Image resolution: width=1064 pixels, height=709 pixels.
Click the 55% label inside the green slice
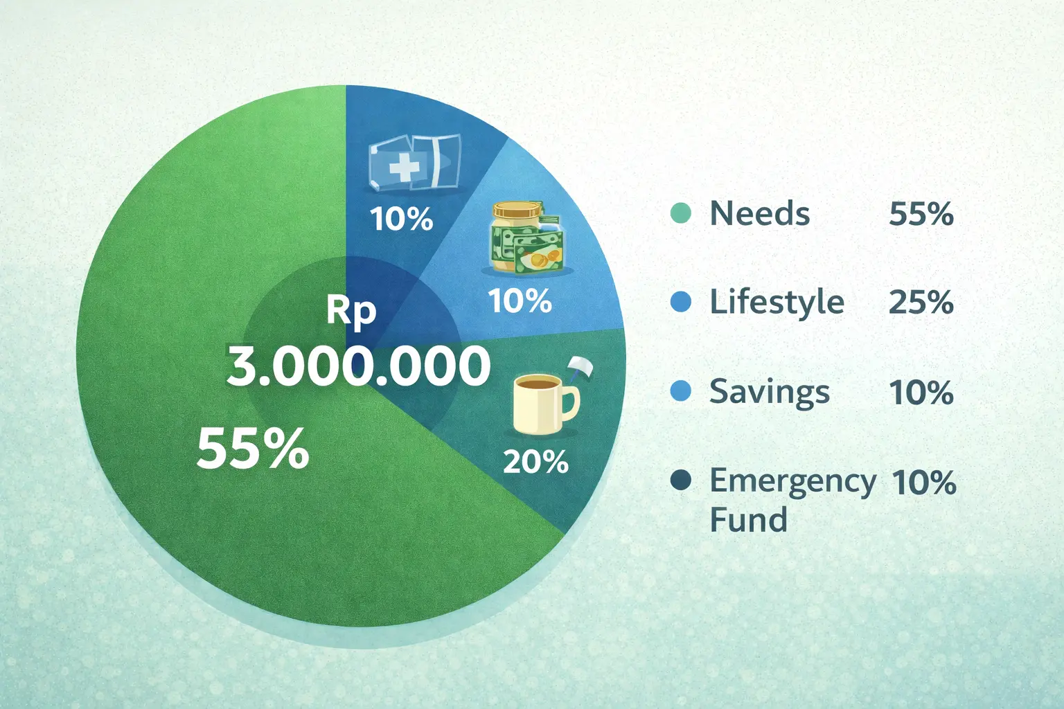pos(253,448)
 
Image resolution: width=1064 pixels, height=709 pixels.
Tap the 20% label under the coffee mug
pos(535,462)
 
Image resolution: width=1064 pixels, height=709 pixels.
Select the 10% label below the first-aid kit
pos(401,219)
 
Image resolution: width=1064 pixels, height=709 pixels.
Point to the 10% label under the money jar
pos(520,300)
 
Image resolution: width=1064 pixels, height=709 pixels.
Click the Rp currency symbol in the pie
pos(351,312)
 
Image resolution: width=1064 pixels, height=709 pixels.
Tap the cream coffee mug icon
pos(547,404)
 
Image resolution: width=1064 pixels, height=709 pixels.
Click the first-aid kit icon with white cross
pos(414,163)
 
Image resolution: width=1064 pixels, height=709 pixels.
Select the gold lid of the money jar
pos(517,209)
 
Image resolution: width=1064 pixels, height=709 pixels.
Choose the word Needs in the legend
pos(759,214)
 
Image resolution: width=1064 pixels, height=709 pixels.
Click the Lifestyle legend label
pos(777,302)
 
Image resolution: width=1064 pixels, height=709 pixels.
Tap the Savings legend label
pos(770,393)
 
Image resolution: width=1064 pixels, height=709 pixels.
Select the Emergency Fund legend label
pos(792,500)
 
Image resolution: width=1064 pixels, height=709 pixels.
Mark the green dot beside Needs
pos(681,213)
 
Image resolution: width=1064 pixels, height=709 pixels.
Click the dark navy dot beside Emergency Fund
pos(681,480)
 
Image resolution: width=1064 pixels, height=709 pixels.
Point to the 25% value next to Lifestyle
pos(921,302)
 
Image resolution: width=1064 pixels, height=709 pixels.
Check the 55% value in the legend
pos(921,214)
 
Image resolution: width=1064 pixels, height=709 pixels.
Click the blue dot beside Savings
pos(681,391)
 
